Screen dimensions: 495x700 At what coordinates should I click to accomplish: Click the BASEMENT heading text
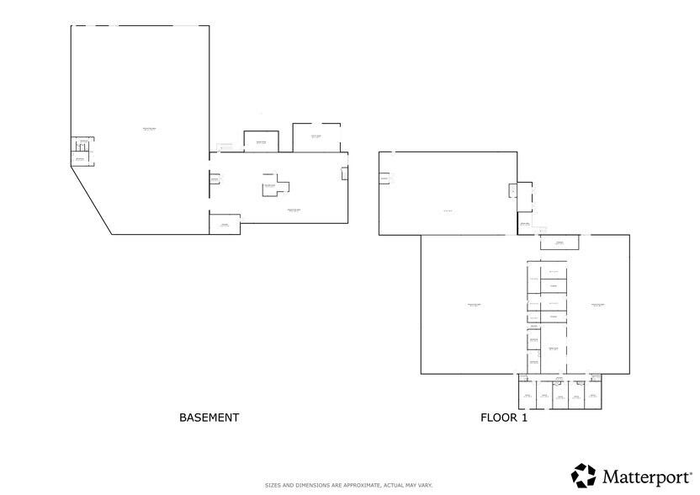(x=209, y=418)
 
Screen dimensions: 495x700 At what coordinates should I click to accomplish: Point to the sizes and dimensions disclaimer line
(x=349, y=486)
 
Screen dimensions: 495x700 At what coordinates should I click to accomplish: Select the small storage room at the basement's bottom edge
(x=225, y=225)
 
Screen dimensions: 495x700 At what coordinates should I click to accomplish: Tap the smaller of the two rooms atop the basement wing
(x=261, y=141)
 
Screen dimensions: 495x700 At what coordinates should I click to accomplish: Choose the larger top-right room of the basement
(x=316, y=137)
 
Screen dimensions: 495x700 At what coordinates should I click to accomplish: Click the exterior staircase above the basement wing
(x=224, y=148)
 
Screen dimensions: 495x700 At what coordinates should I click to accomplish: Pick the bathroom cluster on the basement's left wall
(x=82, y=152)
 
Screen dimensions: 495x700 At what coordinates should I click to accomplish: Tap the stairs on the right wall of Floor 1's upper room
(x=512, y=189)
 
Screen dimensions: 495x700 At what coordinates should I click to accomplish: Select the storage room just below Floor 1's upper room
(x=558, y=243)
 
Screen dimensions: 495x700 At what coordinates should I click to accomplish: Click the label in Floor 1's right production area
(x=598, y=304)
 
